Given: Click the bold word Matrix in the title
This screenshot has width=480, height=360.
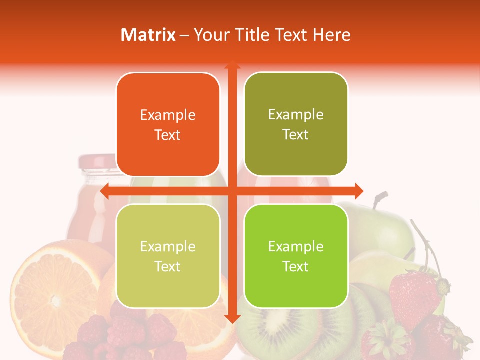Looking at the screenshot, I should click(x=148, y=35).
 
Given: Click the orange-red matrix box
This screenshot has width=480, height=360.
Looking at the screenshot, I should click(x=168, y=125).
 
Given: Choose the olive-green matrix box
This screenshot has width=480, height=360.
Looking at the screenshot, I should click(x=296, y=124).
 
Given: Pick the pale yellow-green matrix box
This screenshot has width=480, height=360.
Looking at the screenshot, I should click(x=168, y=256).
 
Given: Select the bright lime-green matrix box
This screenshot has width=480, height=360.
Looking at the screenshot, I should click(x=296, y=256).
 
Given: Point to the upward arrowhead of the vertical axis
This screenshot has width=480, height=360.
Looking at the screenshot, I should click(x=232, y=65).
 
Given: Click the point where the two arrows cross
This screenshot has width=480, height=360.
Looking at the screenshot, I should click(x=232, y=191).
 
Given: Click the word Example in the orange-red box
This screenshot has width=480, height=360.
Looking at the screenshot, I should click(x=168, y=115).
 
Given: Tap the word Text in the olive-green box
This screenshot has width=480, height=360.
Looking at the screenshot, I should click(x=296, y=135).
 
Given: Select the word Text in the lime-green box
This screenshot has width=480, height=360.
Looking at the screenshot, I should click(x=296, y=266).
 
